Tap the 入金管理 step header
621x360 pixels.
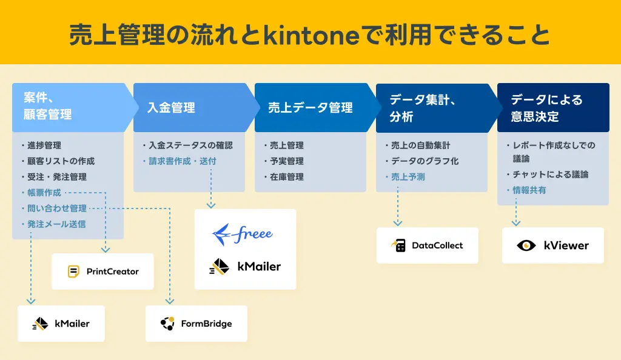tap(172, 108)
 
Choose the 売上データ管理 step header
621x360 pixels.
tap(310, 108)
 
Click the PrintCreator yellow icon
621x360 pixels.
tap(74, 272)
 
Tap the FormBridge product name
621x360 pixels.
tap(206, 324)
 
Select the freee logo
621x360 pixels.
tap(243, 233)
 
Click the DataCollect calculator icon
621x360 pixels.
tap(398, 245)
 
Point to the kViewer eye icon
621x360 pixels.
tap(526, 245)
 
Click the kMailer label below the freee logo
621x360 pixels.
tap(259, 266)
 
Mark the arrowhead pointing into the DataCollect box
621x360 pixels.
tap(398, 222)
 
